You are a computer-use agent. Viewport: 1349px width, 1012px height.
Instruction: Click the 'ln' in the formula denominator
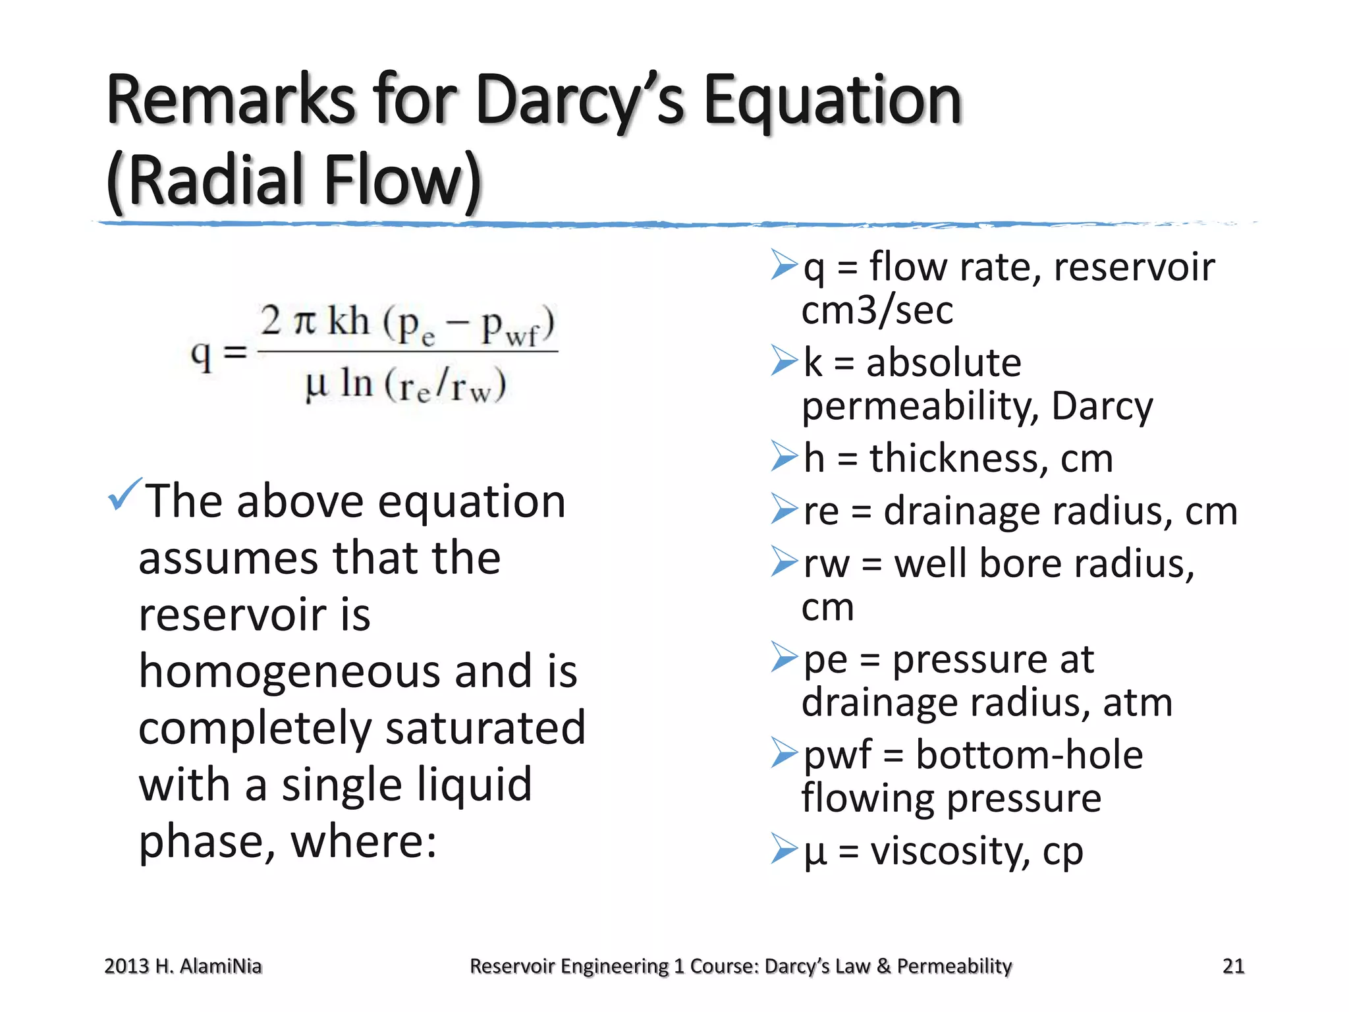pyautogui.click(x=356, y=383)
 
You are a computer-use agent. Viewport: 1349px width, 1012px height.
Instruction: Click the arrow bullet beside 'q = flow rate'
pyautogui.click(x=784, y=265)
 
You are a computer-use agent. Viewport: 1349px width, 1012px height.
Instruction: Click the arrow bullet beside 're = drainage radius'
pyautogui.click(x=784, y=509)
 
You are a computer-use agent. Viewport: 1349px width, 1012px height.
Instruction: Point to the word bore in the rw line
pyautogui.click(x=1020, y=564)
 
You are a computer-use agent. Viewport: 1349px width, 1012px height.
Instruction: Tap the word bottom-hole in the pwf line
pyautogui.click(x=1029, y=755)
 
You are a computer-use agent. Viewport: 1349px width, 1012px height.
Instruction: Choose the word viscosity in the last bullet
pyautogui.click(x=949, y=851)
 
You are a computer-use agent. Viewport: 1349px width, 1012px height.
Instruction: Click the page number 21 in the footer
pyautogui.click(x=1233, y=966)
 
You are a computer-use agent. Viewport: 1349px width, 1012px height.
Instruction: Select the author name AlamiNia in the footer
pyautogui.click(x=220, y=966)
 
